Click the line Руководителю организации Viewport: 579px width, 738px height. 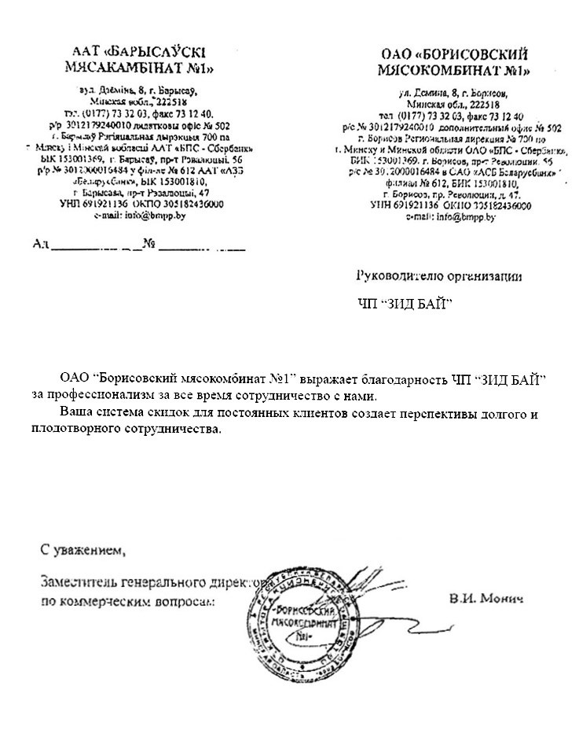pyautogui.click(x=438, y=276)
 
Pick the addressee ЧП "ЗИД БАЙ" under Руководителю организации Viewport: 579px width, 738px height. pyautogui.click(x=405, y=304)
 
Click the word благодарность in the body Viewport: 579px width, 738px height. pyautogui.click(x=390, y=379)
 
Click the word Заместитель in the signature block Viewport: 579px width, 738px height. pyautogui.click(x=78, y=583)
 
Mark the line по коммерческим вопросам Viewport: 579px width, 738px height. pyautogui.click(x=126, y=601)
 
